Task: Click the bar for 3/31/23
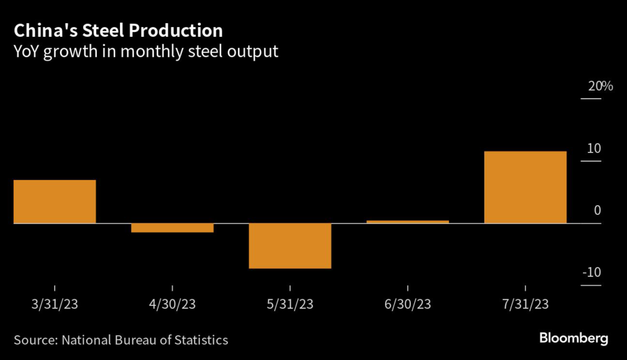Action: coord(54,201)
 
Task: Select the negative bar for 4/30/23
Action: coord(172,228)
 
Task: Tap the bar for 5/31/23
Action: coord(290,246)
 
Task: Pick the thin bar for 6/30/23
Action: coord(407,222)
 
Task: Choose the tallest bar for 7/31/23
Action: coord(525,187)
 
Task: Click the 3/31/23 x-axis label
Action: coord(54,304)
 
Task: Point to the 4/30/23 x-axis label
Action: coord(172,304)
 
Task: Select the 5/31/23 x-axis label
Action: coord(290,304)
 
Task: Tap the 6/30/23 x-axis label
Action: coord(407,304)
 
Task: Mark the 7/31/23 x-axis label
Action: coord(525,304)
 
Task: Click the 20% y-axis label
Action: coord(600,86)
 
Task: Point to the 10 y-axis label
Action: coord(593,149)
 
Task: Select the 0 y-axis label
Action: coord(597,211)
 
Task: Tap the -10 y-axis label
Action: coord(591,272)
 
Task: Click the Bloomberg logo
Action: coord(574,337)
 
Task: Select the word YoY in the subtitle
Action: coord(27,51)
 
